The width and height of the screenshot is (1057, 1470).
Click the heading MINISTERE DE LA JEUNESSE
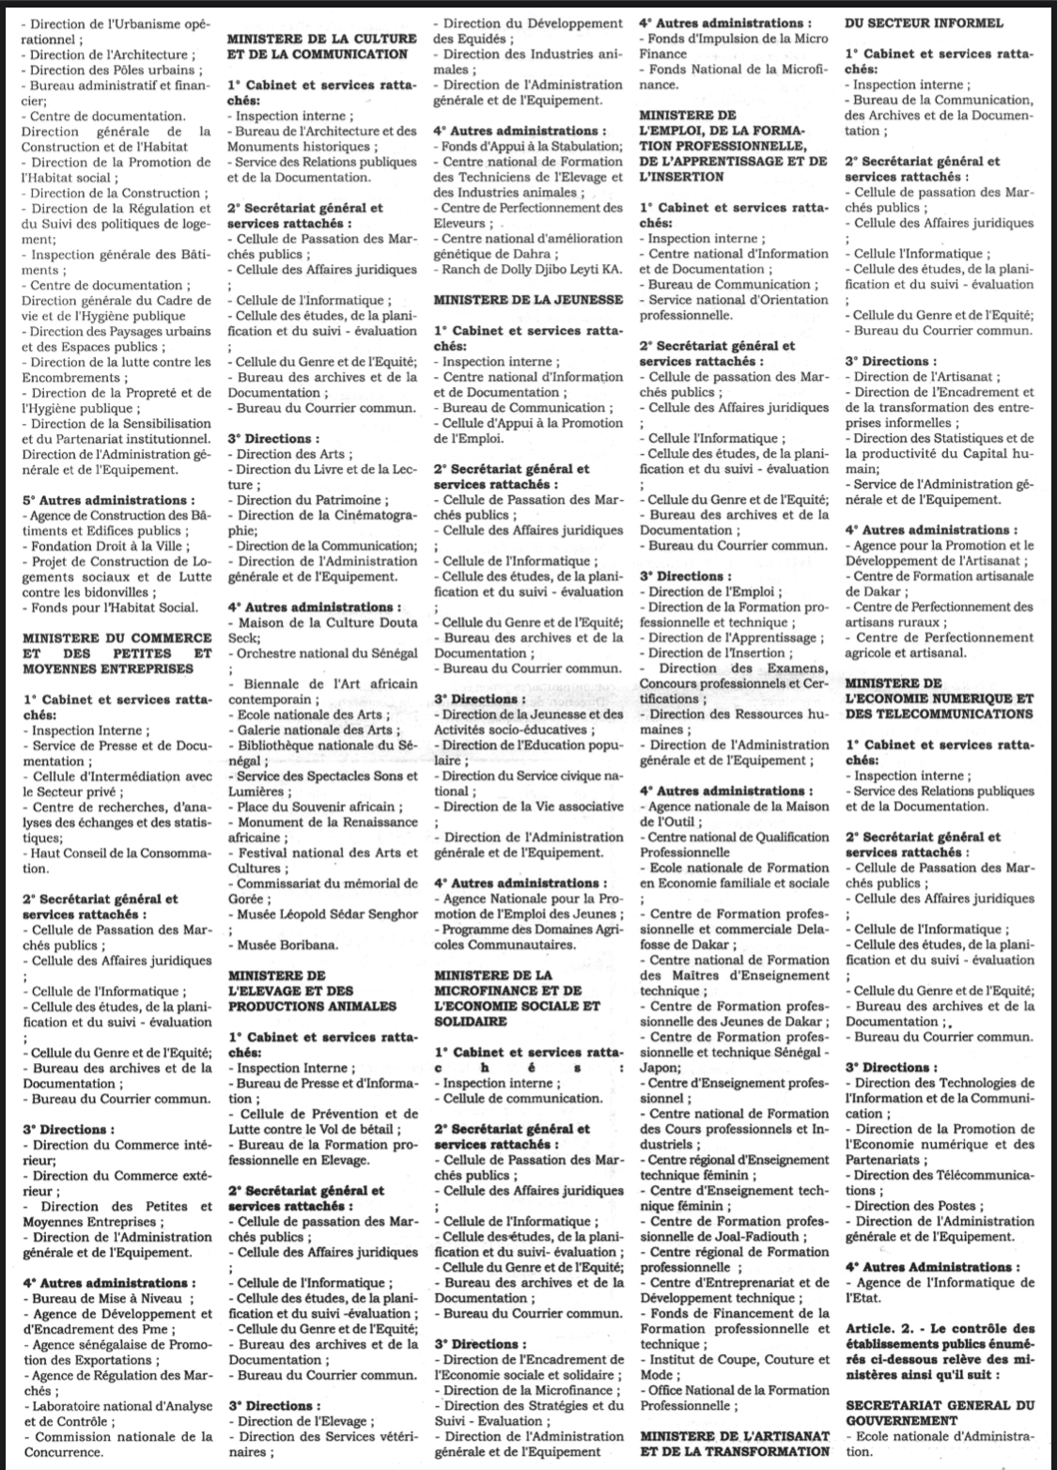[x=528, y=300]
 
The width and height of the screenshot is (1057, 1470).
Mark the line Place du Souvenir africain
[x=316, y=806]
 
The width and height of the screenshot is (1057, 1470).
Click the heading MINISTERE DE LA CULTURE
[x=321, y=39]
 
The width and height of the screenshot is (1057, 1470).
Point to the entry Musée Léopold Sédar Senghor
[x=327, y=914]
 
